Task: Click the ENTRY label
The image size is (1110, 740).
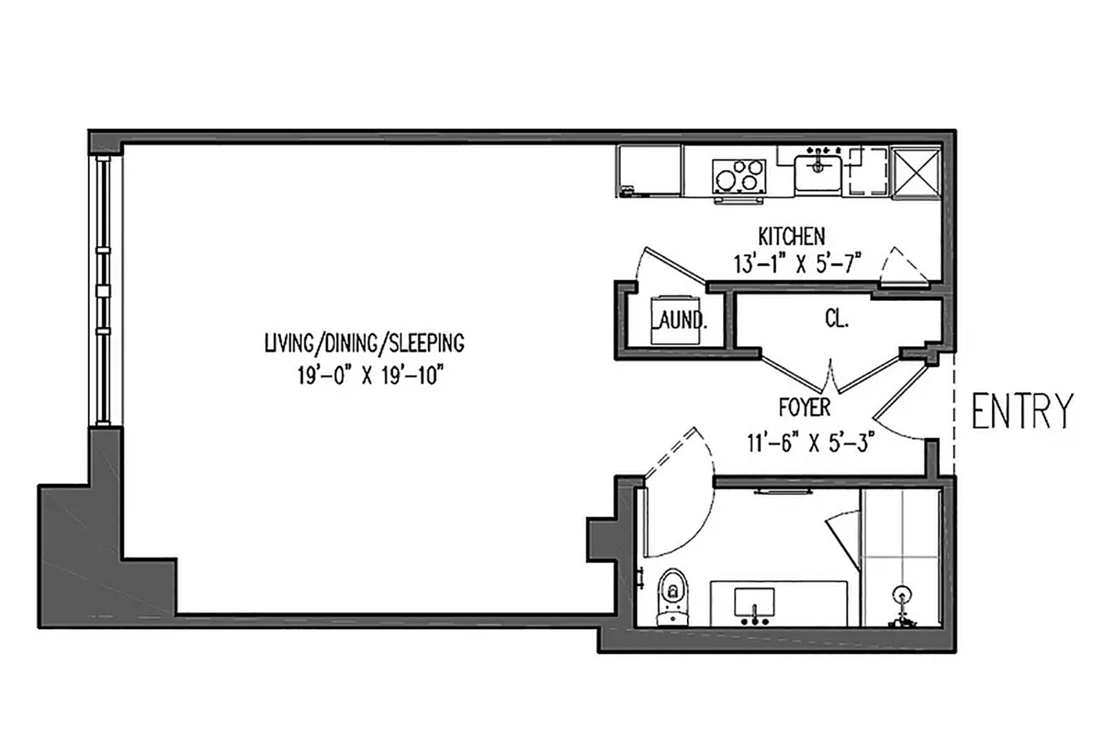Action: click(1022, 411)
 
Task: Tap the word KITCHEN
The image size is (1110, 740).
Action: click(791, 236)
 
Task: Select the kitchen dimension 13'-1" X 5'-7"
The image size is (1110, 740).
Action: click(797, 264)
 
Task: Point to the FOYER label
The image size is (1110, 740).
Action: click(804, 408)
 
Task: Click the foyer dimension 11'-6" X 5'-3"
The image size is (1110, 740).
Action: click(811, 443)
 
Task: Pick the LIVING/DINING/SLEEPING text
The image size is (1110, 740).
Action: click(364, 343)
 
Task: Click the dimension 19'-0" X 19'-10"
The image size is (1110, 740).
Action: click(371, 375)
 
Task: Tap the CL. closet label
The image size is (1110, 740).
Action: click(836, 319)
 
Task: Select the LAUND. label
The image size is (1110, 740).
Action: click(678, 321)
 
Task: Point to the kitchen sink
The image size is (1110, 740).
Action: click(818, 174)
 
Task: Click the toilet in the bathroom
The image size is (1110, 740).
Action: click(673, 596)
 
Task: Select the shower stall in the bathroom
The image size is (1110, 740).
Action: click(901, 558)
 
